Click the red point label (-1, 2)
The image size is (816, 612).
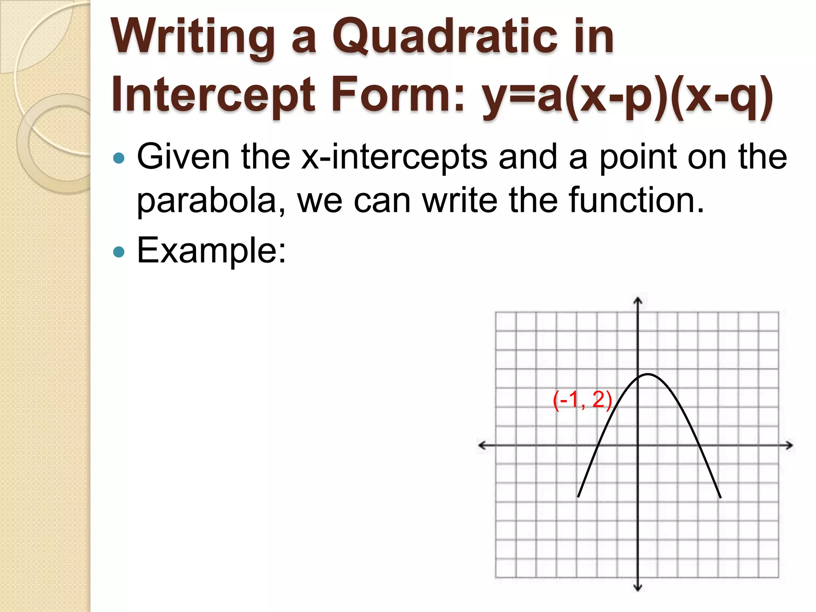tap(582, 400)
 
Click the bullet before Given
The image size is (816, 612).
tap(119, 158)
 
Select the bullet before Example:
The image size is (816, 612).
tap(119, 252)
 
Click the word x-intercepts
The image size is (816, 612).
tap(394, 157)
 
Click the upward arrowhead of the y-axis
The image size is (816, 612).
tap(638, 300)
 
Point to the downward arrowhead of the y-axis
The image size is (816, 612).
tap(638, 588)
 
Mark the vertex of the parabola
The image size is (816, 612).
tap(648, 374)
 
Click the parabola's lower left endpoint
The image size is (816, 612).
tap(579, 496)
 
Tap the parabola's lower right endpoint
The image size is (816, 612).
tap(720, 498)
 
